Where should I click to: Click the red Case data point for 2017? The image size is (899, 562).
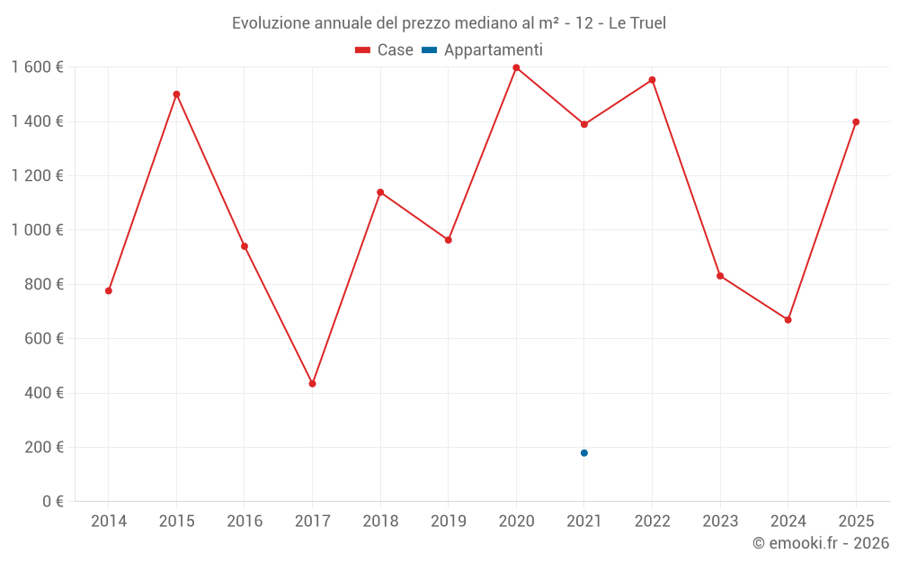click(x=312, y=384)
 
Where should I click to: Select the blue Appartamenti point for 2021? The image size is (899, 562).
click(x=584, y=453)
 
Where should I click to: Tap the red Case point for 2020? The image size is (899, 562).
click(x=516, y=67)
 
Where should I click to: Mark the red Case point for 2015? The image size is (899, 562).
click(x=176, y=94)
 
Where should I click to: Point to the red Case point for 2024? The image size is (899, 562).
click(x=788, y=320)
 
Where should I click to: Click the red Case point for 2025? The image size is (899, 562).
click(x=856, y=122)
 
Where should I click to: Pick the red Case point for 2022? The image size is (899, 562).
click(x=652, y=80)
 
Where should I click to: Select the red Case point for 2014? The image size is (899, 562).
click(x=109, y=291)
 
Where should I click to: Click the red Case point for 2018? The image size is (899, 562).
click(x=380, y=192)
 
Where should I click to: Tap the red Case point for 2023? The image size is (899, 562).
click(x=720, y=276)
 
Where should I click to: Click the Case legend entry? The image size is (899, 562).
click(x=384, y=50)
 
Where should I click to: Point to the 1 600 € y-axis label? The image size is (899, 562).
click(x=38, y=67)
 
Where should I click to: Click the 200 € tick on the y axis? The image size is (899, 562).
click(x=44, y=447)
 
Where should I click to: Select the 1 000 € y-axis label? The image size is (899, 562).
click(x=38, y=230)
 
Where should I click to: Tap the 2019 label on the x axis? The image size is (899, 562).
click(x=449, y=522)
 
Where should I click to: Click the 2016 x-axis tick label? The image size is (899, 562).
click(x=245, y=522)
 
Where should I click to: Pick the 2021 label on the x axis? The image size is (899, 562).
click(x=584, y=522)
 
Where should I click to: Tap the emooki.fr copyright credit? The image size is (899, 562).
click(x=820, y=543)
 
